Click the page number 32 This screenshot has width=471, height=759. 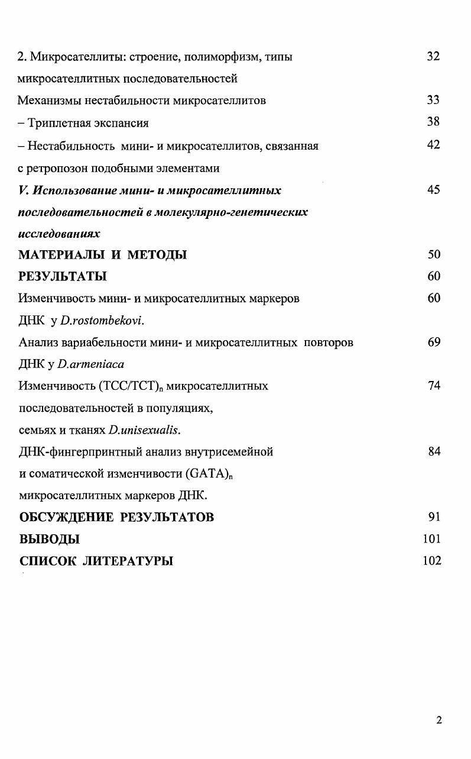click(433, 57)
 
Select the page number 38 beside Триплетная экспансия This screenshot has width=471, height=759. click(433, 122)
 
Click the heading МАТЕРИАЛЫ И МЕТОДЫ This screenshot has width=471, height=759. click(103, 255)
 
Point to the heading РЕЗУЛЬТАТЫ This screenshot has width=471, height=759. click(63, 277)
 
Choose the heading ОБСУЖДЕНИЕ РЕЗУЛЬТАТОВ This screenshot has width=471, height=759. click(116, 517)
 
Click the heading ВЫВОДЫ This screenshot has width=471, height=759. click(49, 539)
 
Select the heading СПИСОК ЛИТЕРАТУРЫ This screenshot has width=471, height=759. click(96, 561)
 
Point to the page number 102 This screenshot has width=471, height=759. click(431, 561)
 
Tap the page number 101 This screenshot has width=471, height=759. click(431, 539)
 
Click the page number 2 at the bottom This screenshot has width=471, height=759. click(438, 720)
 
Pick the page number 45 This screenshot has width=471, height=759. click(433, 190)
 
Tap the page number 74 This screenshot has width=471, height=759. click(433, 386)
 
